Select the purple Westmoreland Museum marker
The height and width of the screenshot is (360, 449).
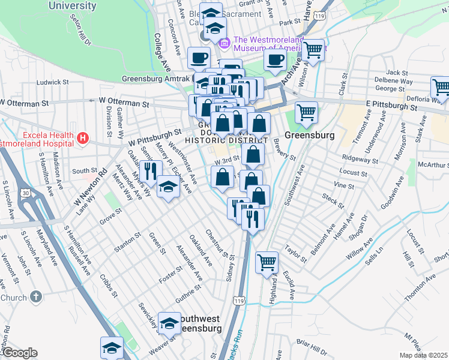click(225, 43)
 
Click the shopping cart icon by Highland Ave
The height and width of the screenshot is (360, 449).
click(267, 262)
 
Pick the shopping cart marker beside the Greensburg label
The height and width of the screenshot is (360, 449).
click(306, 112)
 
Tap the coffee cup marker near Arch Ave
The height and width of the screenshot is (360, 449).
click(275, 60)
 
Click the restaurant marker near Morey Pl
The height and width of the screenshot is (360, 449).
click(150, 171)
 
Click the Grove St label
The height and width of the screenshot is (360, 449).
click(111, 216)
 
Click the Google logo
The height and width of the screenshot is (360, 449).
click(19, 353)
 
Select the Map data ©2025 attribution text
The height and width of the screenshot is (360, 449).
click(423, 355)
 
